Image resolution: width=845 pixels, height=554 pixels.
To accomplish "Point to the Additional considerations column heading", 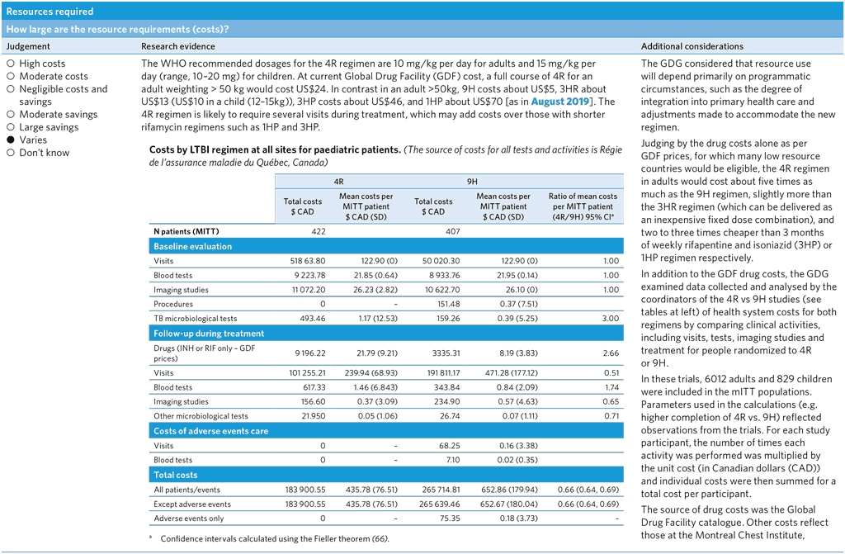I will click(692, 46).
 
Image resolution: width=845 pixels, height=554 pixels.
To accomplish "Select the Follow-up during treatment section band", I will click(209, 334).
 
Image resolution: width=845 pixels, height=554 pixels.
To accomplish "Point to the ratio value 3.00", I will click(609, 319).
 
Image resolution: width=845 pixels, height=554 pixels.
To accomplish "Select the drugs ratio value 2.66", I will click(609, 353).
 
